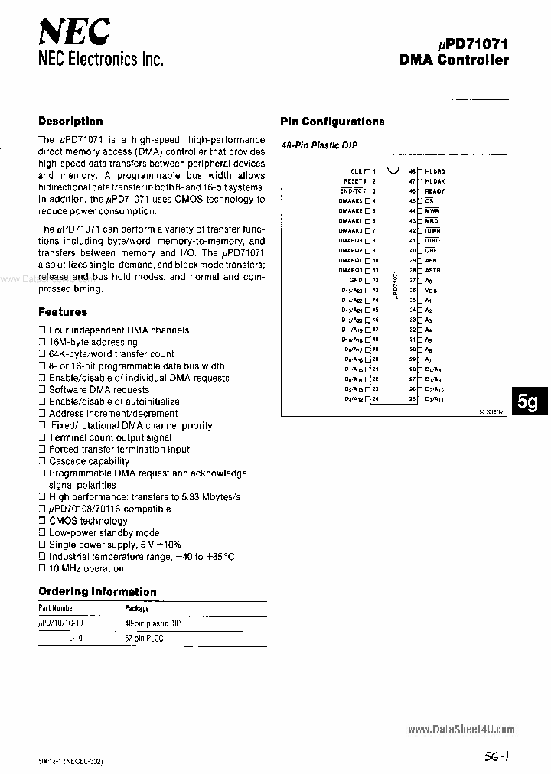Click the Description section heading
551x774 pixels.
coord(70,121)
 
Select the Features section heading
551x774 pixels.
coord(63,312)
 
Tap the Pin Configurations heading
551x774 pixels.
coord(332,122)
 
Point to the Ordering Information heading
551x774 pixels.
coord(97,591)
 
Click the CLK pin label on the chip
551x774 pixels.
coord(356,171)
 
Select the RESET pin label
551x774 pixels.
coord(352,181)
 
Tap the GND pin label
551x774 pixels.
coord(355,280)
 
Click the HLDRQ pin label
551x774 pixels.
coord(435,171)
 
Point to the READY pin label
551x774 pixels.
coord(435,191)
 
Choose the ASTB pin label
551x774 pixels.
coord(432,270)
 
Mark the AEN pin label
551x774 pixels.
coord(431,260)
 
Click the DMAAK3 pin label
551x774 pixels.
coord(350,201)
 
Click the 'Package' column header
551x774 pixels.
coord(137,607)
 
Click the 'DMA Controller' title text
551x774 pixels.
coord(454,60)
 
